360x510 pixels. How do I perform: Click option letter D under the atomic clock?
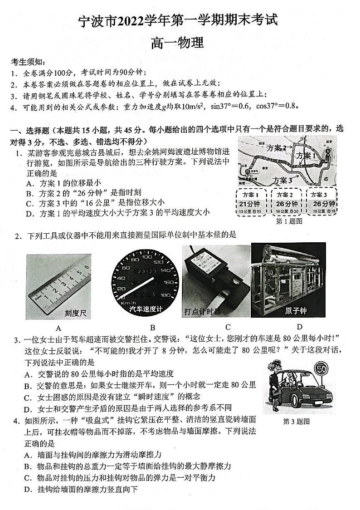299,327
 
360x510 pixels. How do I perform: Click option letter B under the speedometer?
153,328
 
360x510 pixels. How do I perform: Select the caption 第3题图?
296,422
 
